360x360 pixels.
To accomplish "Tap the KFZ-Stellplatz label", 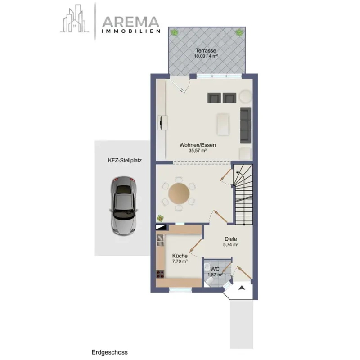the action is click(125, 161).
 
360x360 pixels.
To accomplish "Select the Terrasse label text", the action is click(206, 50).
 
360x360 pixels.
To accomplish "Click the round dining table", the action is click(179, 193).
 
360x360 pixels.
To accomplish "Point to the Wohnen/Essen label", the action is click(198, 145).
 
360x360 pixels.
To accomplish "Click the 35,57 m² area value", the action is click(198, 151).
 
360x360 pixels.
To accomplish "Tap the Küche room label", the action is click(180, 256).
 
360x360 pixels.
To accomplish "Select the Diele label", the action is click(231, 239).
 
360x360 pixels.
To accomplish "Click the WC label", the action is click(215, 269).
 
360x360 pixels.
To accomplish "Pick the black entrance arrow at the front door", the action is click(241, 288).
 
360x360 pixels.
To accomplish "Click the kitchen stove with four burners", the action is click(161, 274).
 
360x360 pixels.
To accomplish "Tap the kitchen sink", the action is click(160, 240).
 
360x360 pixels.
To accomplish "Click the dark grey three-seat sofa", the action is click(246, 125).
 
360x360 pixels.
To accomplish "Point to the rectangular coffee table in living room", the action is click(223, 124).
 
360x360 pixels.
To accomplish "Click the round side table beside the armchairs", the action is click(245, 96).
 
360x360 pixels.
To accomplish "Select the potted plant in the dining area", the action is click(161, 218).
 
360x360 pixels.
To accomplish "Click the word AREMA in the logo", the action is click(130, 22).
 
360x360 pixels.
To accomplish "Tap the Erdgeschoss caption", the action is click(109, 352).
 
